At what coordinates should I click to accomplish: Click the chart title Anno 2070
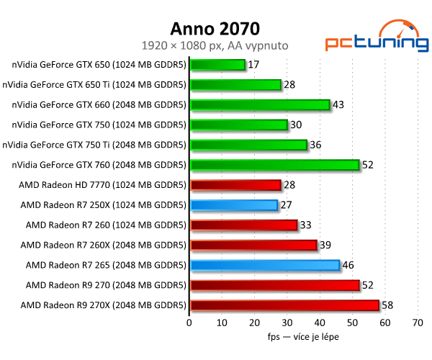(215, 29)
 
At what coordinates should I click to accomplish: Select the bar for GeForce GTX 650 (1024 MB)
(217, 65)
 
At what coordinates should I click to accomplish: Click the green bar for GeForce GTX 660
(259, 105)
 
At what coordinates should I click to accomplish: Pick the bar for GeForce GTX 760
(274, 165)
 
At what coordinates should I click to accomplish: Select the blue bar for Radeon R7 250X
(233, 205)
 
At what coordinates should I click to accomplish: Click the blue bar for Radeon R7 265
(264, 265)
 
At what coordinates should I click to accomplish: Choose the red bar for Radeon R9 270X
(284, 305)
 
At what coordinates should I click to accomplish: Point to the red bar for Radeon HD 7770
(235, 185)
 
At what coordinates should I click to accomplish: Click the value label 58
(388, 305)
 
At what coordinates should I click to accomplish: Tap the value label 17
(254, 65)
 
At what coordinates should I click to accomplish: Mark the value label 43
(339, 105)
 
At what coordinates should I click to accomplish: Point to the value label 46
(348, 265)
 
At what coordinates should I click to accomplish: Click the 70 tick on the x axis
(418, 323)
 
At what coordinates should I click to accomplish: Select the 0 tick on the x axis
(189, 323)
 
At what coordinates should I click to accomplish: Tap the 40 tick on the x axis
(320, 323)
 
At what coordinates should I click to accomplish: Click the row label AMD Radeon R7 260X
(106, 245)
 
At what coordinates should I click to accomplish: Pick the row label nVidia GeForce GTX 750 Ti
(94, 145)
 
